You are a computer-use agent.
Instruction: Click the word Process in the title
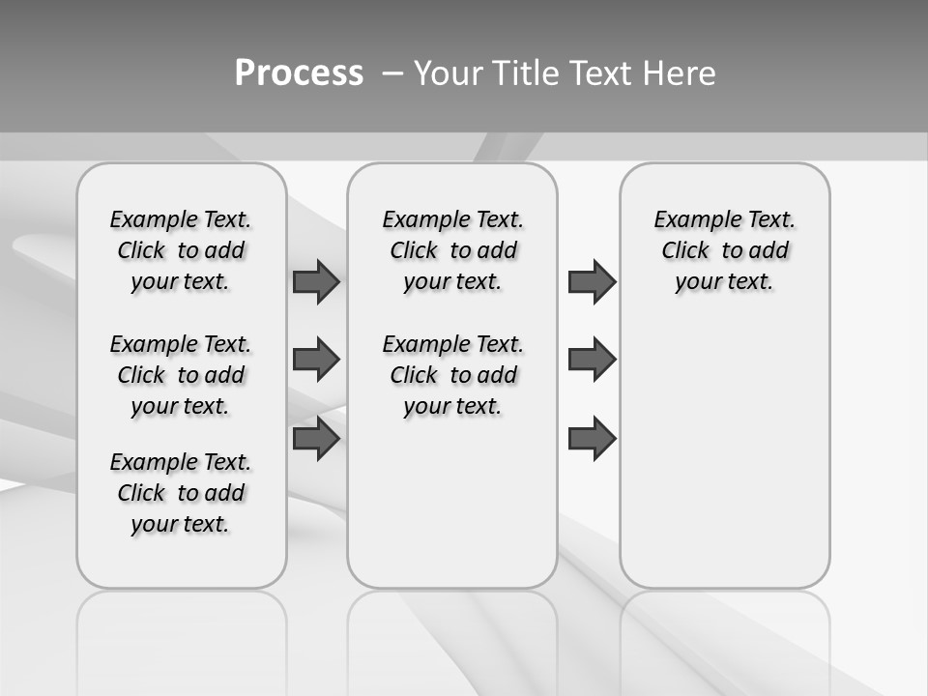(x=299, y=73)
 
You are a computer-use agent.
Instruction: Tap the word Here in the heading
(x=681, y=73)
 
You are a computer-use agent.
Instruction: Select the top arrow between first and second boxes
(x=316, y=281)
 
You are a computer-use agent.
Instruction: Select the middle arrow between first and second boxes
(x=316, y=360)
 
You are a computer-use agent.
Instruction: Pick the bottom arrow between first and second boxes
(x=316, y=439)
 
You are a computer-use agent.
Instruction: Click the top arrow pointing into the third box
(x=592, y=281)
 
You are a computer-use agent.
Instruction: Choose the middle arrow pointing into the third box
(x=592, y=360)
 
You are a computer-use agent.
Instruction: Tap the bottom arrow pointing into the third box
(x=592, y=439)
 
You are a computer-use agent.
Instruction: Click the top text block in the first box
(x=181, y=250)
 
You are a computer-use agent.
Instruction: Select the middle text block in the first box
(x=181, y=375)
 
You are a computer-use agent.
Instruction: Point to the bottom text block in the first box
(x=181, y=493)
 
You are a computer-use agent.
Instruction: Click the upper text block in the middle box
(x=452, y=250)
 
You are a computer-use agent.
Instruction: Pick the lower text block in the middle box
(x=452, y=375)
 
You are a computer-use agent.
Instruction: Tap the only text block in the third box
(x=724, y=250)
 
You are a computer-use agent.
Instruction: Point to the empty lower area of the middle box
(x=452, y=512)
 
